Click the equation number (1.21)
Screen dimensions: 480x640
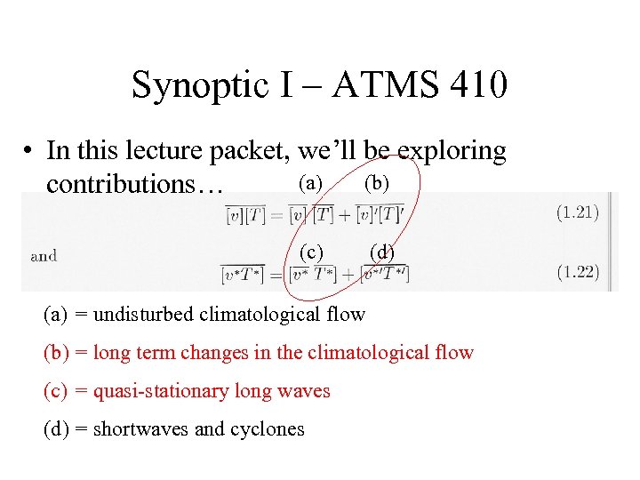click(578, 212)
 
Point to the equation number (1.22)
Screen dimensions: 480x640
click(578, 272)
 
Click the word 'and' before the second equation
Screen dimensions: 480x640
click(44, 256)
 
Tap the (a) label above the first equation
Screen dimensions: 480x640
click(310, 183)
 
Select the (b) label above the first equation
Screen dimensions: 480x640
click(377, 183)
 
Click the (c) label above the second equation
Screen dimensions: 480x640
click(310, 251)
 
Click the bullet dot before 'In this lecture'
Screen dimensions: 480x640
click(29, 152)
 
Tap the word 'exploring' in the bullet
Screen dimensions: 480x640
click(452, 152)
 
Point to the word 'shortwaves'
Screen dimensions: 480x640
click(140, 429)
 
